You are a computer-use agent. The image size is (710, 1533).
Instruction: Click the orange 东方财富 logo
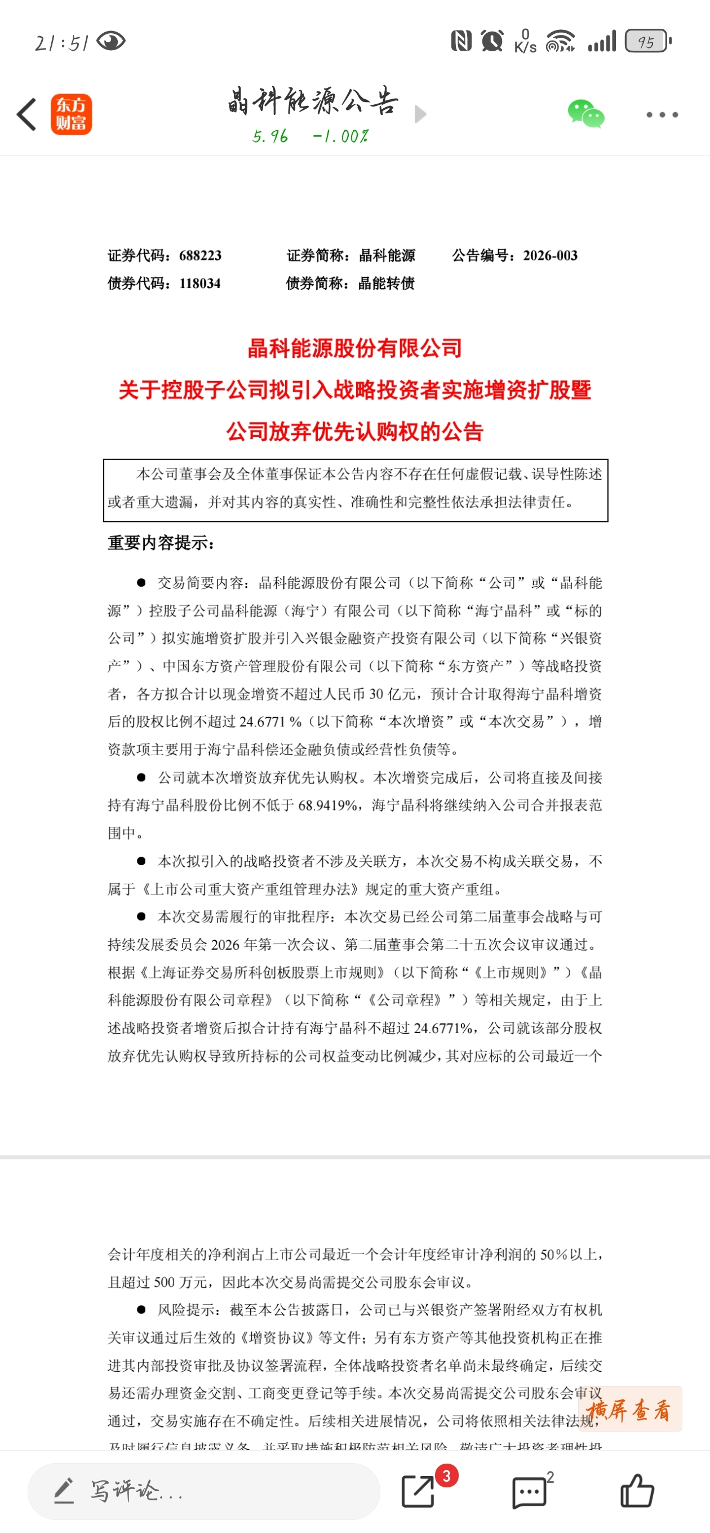point(71,114)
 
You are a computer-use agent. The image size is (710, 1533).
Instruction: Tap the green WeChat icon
point(585,114)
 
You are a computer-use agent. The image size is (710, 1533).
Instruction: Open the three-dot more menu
point(662,114)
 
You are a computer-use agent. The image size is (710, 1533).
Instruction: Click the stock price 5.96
point(270,137)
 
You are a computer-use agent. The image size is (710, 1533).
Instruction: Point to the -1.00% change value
point(340,137)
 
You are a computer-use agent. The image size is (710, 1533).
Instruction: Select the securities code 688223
point(200,256)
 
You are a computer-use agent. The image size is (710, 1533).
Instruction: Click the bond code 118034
point(200,283)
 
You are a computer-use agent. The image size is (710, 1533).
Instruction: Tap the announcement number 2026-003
point(550,256)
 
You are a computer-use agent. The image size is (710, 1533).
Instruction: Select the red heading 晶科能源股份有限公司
point(354,348)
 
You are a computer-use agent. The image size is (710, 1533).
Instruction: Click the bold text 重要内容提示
point(161,543)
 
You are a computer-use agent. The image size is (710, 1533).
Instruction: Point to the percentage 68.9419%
point(328,805)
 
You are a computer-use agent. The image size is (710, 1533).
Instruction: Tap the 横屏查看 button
point(629,1410)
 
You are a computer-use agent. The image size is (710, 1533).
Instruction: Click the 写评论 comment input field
point(202,1491)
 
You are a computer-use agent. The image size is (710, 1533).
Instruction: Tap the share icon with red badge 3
point(418,1491)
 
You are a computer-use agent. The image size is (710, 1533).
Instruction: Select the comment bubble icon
point(529,1492)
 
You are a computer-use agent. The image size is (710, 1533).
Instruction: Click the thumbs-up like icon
point(637,1491)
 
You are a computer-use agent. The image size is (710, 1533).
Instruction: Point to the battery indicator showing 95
point(647,42)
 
